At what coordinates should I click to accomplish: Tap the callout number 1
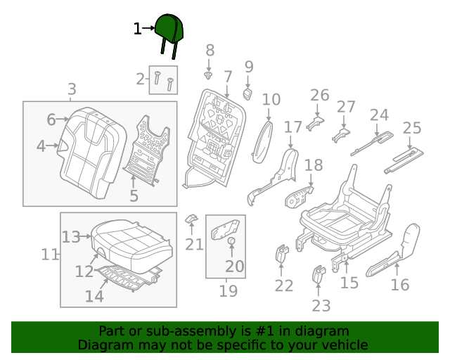coord(138,29)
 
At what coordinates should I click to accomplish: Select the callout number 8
coord(210,50)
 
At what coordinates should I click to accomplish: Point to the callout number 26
coord(319,95)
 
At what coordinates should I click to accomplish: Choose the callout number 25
coord(411,128)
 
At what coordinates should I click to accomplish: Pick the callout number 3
coord(72,89)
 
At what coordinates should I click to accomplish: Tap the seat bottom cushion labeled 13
coord(134,237)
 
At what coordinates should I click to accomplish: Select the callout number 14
coord(94,296)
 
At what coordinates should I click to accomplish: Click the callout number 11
coord(49,254)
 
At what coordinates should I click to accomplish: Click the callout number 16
coord(399,284)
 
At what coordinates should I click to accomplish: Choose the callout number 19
coord(228,290)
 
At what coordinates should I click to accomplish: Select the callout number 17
coord(292,127)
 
